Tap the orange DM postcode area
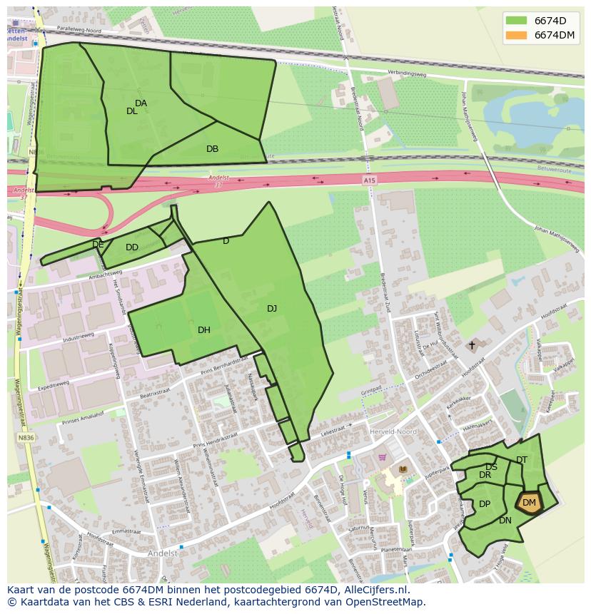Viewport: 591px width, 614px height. pos(529,503)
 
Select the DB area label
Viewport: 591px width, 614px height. pos(212,149)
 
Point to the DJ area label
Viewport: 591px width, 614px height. pos(272,309)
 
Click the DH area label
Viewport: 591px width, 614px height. pos(204,329)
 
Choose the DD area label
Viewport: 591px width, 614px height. pos(132,247)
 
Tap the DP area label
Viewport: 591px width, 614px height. pos(485,504)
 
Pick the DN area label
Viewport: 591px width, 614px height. pos(505,521)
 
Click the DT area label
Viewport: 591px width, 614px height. pos(522,460)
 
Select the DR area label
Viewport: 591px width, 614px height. pos(485,475)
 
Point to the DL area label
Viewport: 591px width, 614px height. pos(132,111)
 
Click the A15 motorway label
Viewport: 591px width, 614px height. pos(368,181)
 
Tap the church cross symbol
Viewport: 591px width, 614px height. pos(471,345)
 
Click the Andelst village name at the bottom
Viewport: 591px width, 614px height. pos(162,553)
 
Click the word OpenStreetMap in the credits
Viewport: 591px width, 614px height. pos(390,602)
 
